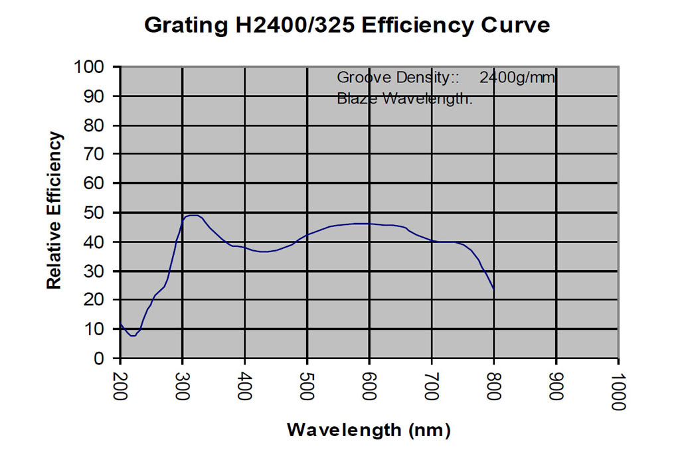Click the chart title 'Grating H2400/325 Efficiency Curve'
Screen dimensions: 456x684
coord(347,26)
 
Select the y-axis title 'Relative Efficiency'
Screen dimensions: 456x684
coord(54,210)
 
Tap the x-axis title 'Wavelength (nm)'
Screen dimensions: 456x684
coord(369,429)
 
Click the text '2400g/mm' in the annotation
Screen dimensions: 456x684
coord(517,78)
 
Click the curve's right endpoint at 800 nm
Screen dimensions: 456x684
coord(494,289)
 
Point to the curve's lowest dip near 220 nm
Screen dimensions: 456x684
coord(133,336)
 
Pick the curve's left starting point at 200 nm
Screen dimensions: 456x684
coord(120,324)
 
